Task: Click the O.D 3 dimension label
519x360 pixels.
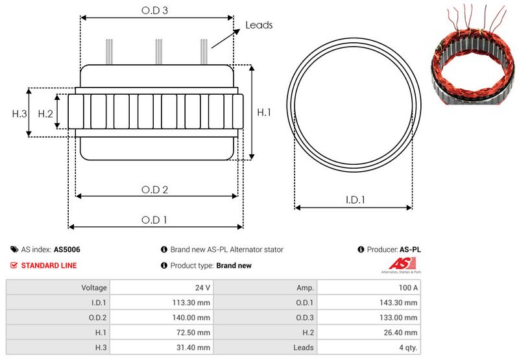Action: point(154,10)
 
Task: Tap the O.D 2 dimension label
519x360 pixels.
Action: point(154,189)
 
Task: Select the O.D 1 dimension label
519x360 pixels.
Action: point(154,220)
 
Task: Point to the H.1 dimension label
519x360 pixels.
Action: point(264,112)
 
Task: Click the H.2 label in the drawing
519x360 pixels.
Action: point(45,114)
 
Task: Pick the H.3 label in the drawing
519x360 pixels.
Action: point(19,114)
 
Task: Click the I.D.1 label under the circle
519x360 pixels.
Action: point(355,200)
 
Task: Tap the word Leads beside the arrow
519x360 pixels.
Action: point(259,25)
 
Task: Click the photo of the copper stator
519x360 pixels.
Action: point(474,54)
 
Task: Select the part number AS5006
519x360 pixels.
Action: point(67,250)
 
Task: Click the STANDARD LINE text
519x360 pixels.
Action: point(49,265)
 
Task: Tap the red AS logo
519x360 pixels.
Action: point(402,264)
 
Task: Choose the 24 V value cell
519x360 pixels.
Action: point(162,287)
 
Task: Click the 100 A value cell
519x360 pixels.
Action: point(369,287)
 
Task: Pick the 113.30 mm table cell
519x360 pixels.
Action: point(162,302)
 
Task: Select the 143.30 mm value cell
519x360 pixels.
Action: point(369,302)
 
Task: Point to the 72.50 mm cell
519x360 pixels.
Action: point(162,332)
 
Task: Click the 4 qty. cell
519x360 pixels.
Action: point(369,348)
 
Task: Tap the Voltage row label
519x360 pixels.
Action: point(94,287)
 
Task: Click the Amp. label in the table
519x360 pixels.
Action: point(305,288)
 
